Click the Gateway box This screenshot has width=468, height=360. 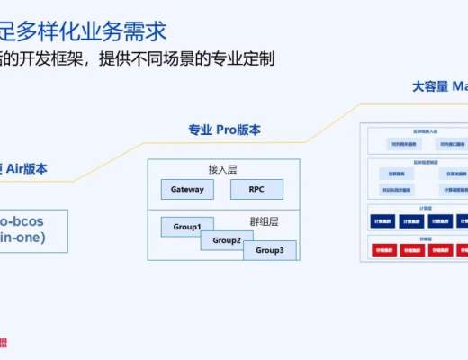[187, 189]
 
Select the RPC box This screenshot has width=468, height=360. [256, 189]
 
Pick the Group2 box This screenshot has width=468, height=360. [227, 240]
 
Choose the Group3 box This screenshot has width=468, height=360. [268, 250]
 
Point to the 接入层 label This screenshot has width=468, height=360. [220, 168]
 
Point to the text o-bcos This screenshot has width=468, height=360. [22, 220]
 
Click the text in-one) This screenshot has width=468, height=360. [22, 238]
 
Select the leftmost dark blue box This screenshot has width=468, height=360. [382, 220]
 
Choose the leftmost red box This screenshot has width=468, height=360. [382, 249]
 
